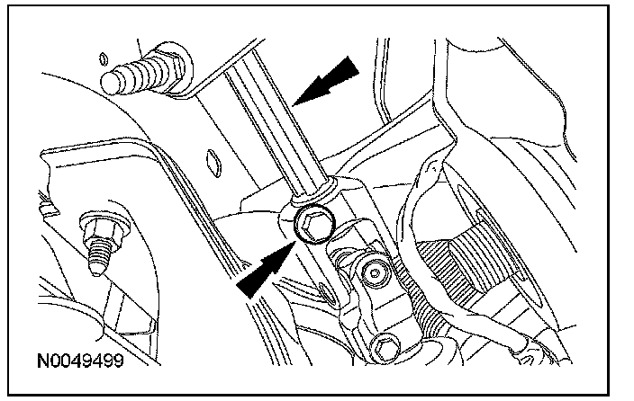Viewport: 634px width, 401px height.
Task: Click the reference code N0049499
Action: coord(80,365)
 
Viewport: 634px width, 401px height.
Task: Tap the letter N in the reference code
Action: coord(43,365)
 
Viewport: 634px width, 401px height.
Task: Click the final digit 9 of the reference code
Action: coord(117,365)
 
